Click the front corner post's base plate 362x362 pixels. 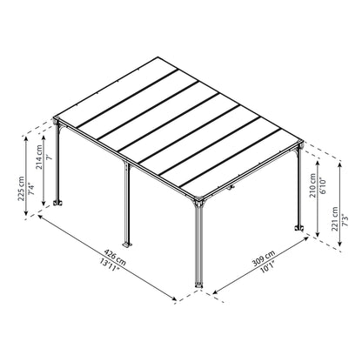tap(200, 287)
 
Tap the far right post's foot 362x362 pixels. tap(300, 231)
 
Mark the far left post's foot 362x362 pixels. tap(60, 205)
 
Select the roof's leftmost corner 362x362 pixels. tap(54, 117)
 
